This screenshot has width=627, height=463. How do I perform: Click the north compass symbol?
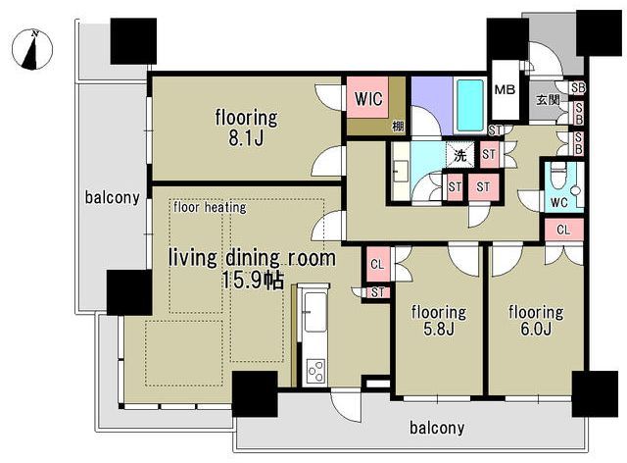(32, 50)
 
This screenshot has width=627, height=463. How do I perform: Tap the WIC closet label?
(368, 98)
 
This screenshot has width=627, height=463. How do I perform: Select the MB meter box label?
(505, 89)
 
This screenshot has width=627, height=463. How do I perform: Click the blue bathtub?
(470, 105)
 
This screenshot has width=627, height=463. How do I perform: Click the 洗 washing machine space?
(460, 155)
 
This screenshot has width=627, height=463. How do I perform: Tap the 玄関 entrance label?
(548, 100)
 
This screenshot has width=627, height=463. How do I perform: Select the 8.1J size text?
(246, 138)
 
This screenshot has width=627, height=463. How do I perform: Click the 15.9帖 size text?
(253, 280)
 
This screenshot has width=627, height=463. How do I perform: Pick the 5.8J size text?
(438, 329)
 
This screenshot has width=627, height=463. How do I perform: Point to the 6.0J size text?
(536, 329)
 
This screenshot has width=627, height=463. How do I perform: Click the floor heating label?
(210, 208)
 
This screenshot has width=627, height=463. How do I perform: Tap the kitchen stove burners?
(315, 371)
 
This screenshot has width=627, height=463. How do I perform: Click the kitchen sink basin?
(315, 312)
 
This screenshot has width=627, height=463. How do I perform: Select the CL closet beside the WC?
(564, 230)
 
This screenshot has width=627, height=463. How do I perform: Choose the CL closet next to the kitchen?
(377, 264)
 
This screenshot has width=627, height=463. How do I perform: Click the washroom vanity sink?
(401, 172)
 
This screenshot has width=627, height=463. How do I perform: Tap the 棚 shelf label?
(398, 127)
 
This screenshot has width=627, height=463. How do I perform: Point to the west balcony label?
(113, 197)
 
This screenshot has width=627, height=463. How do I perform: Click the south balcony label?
(437, 428)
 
